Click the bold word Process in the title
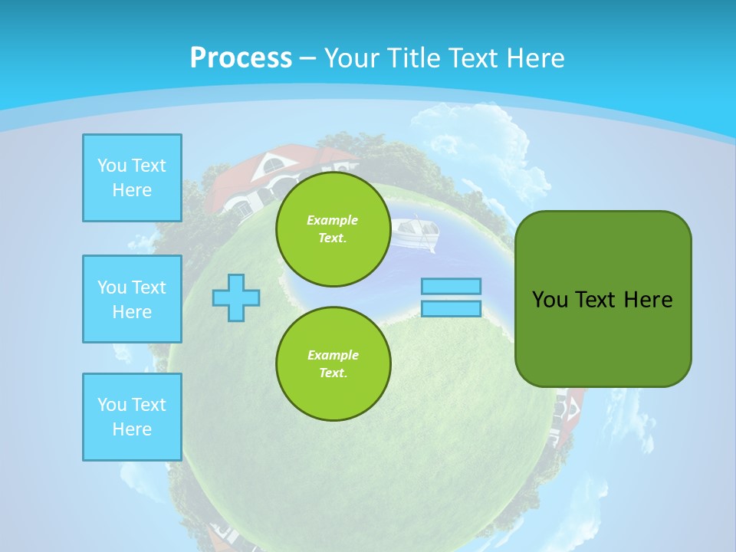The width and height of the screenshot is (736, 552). pos(241,58)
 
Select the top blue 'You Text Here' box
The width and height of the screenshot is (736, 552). pos(132,178)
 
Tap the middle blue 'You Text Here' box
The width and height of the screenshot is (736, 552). pos(132,299)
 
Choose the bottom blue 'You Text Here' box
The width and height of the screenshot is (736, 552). pos(132,417)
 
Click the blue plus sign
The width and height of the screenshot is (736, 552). pos(236,297)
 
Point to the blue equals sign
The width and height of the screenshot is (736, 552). pos(451,297)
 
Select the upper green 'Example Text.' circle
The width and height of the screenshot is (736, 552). pos(333,229)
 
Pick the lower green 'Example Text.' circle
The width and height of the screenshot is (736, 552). pos(333,364)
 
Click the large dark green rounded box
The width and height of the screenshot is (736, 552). pos(603,299)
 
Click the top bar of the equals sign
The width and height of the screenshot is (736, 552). pos(451,287)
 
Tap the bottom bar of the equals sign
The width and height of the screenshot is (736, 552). pos(451,308)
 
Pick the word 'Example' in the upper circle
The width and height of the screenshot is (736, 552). pos(333,220)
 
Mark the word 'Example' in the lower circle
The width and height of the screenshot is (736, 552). pos(333,355)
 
